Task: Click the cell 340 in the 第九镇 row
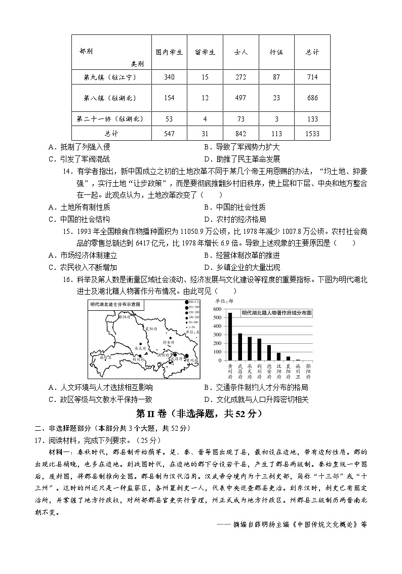(x=169, y=77)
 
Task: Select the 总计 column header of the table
(x=312, y=52)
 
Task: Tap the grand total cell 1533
(x=312, y=134)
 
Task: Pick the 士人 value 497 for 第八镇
(x=240, y=98)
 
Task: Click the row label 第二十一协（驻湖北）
(x=111, y=119)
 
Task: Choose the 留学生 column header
(x=205, y=52)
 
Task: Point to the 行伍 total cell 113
(x=276, y=134)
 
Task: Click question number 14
(x=67, y=172)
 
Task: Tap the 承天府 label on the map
(x=140, y=349)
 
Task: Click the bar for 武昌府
(x=240, y=348)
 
